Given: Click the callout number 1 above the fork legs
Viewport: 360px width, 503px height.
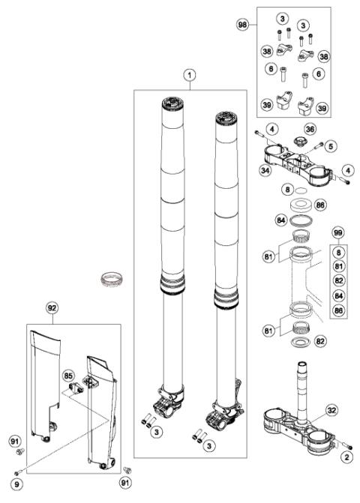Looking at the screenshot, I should click(x=190, y=75).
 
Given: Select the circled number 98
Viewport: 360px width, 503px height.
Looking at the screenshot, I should click(x=262, y=25).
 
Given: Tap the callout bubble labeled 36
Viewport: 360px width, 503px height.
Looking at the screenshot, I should click(x=310, y=130).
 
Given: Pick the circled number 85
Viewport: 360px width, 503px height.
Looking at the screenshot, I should click(x=69, y=375).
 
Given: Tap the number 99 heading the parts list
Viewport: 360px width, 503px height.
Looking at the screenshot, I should click(x=340, y=235).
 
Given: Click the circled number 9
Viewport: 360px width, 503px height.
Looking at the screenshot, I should click(x=16, y=473).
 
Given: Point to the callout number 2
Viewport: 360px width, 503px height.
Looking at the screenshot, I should click(x=346, y=456).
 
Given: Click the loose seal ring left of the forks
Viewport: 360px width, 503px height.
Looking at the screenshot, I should click(x=111, y=283).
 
